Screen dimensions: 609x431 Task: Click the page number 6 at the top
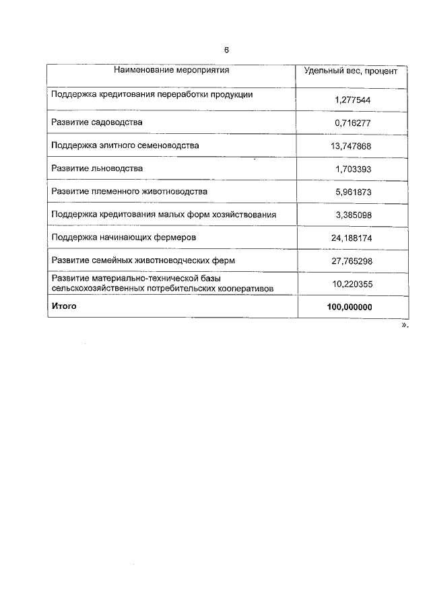(x=227, y=50)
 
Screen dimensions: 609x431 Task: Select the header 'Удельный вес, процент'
(x=351, y=71)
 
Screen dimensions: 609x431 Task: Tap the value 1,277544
(x=353, y=100)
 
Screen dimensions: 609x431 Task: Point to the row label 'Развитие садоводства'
(x=97, y=122)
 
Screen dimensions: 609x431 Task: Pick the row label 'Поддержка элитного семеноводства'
(x=125, y=145)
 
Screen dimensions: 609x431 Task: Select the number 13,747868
(x=353, y=146)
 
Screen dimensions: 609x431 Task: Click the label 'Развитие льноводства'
(x=97, y=168)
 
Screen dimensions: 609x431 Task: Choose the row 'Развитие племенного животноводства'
(x=129, y=192)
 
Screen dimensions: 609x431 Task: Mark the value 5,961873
(x=353, y=192)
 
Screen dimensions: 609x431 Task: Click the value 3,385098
(x=353, y=215)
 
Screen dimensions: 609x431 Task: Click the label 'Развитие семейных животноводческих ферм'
(x=143, y=260)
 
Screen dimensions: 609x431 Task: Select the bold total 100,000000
(x=350, y=307)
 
